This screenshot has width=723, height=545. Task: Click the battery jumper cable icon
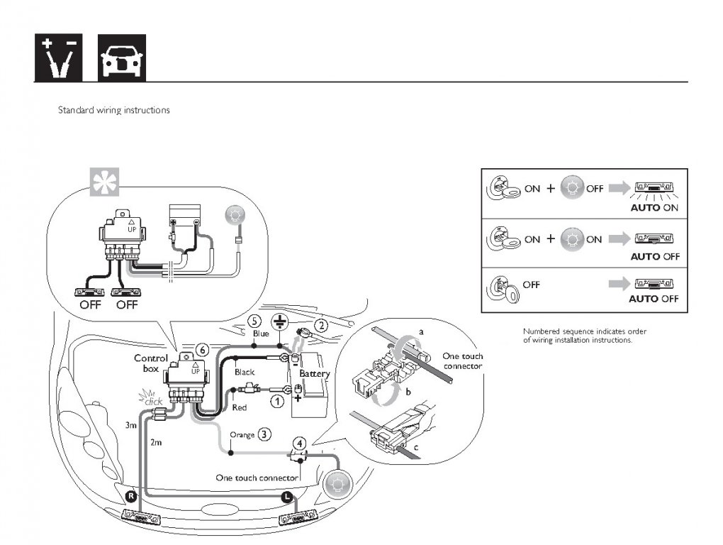[59, 57]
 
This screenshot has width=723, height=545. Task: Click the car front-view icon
[122, 57]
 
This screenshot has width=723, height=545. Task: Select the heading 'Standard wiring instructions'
[114, 110]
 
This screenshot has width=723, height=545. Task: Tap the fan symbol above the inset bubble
[104, 182]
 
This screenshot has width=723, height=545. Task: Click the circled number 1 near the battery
[277, 402]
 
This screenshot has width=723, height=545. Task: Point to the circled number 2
[321, 326]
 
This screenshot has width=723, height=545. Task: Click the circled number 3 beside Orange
[264, 434]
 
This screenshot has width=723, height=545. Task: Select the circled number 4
[300, 444]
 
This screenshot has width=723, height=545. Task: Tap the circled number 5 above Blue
[254, 321]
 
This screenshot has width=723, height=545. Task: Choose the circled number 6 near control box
[203, 351]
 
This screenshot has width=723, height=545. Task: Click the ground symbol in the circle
[279, 321]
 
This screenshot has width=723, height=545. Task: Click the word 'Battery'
[315, 373]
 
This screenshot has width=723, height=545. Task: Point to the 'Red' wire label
[240, 407]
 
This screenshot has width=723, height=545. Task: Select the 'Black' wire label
[245, 372]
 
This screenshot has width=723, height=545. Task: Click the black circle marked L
[287, 497]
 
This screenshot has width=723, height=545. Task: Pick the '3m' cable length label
[131, 425]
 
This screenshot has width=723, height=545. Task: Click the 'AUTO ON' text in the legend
[654, 208]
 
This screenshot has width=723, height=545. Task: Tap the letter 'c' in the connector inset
[416, 446]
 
